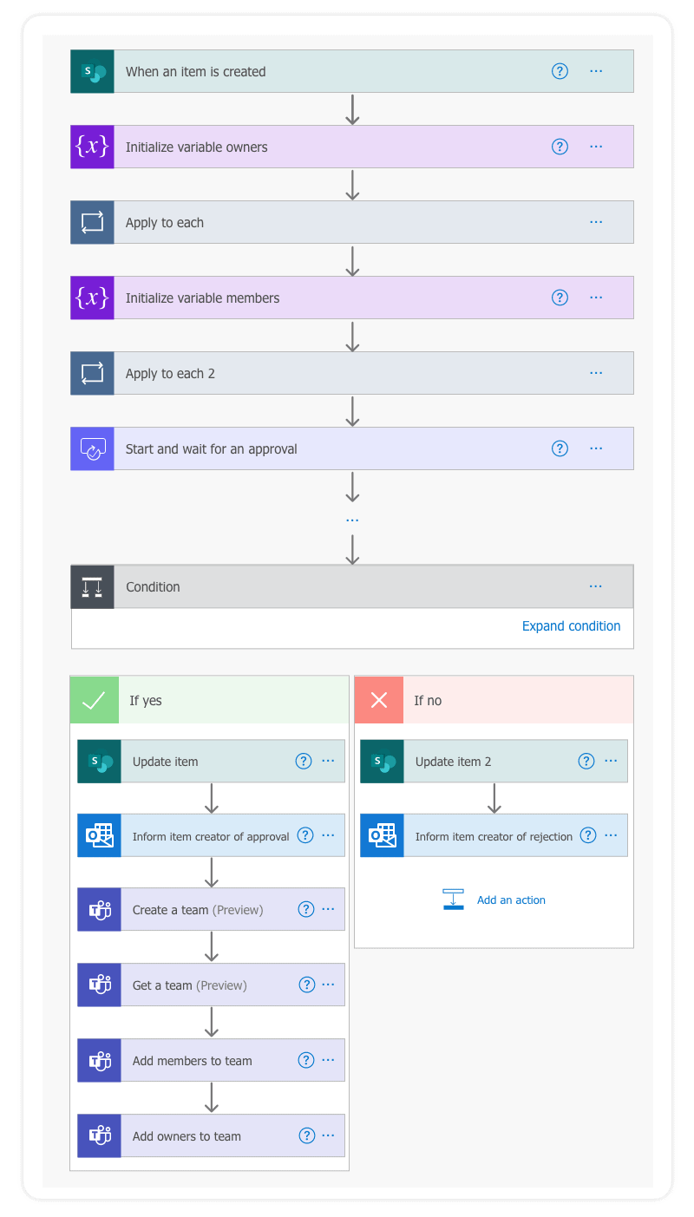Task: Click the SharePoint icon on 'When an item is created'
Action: coord(92,71)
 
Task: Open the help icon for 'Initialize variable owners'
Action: coord(560,147)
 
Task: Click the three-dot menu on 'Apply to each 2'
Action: coord(596,373)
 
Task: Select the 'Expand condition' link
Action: coord(571,626)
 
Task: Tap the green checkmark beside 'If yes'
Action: coord(94,700)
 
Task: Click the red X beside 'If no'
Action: coord(379,700)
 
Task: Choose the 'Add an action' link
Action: coord(511,900)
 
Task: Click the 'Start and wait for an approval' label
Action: coord(211,448)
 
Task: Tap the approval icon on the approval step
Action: coord(92,448)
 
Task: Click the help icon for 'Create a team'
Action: coord(305,909)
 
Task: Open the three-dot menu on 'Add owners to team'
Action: coord(328,1135)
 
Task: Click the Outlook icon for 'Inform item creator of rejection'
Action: coord(382,836)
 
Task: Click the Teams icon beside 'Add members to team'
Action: coord(99,1060)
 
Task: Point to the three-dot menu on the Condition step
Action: coord(595,586)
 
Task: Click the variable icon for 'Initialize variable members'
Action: coord(92,298)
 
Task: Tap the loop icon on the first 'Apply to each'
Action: coord(92,222)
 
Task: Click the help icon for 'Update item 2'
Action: coord(586,761)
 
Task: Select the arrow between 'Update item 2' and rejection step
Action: coord(494,798)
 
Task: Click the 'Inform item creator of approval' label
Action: coord(211,837)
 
